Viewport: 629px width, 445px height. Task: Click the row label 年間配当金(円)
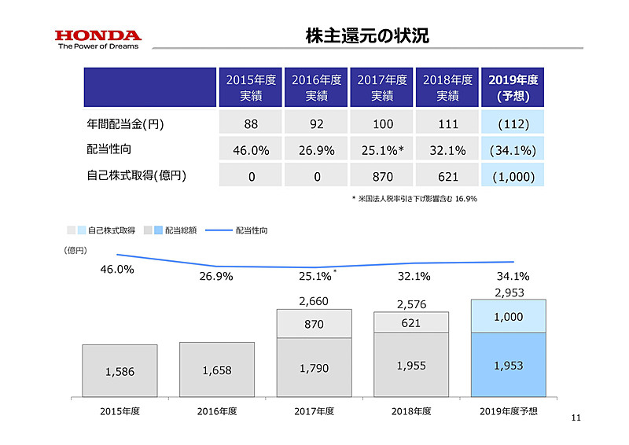click(125, 124)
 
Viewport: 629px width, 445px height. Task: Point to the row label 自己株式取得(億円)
click(137, 175)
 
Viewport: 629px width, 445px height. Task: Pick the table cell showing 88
click(251, 124)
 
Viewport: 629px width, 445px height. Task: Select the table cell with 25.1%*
click(382, 150)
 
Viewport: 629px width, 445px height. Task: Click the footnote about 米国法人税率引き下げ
click(414, 199)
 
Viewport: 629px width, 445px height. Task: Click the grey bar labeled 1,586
click(120, 371)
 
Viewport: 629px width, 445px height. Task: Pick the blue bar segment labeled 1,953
click(507, 366)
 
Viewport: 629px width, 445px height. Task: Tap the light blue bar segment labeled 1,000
click(507, 315)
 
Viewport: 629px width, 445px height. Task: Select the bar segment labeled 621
click(410, 322)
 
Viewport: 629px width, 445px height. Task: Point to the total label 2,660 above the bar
click(314, 300)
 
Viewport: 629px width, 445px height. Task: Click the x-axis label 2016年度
click(216, 410)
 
